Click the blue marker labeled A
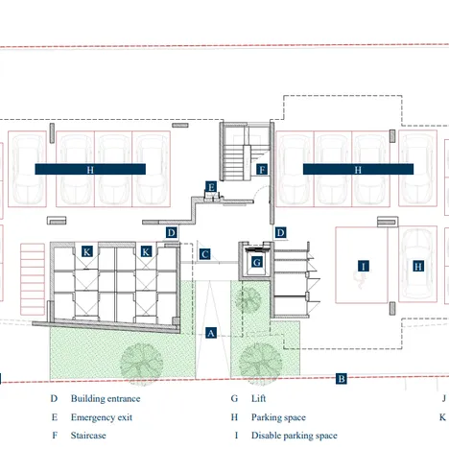coord(211,332)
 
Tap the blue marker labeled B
coord(341,379)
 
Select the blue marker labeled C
coord(205,254)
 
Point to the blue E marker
coord(211,186)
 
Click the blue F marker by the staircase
coord(261,170)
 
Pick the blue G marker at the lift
coord(257,261)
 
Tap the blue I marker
coord(363,265)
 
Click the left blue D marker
coord(171,232)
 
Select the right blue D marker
coord(281,232)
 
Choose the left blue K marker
coord(87,251)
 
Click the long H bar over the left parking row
coord(90,169)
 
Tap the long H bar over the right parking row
coord(358,169)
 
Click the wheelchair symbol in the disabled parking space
coord(362,282)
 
